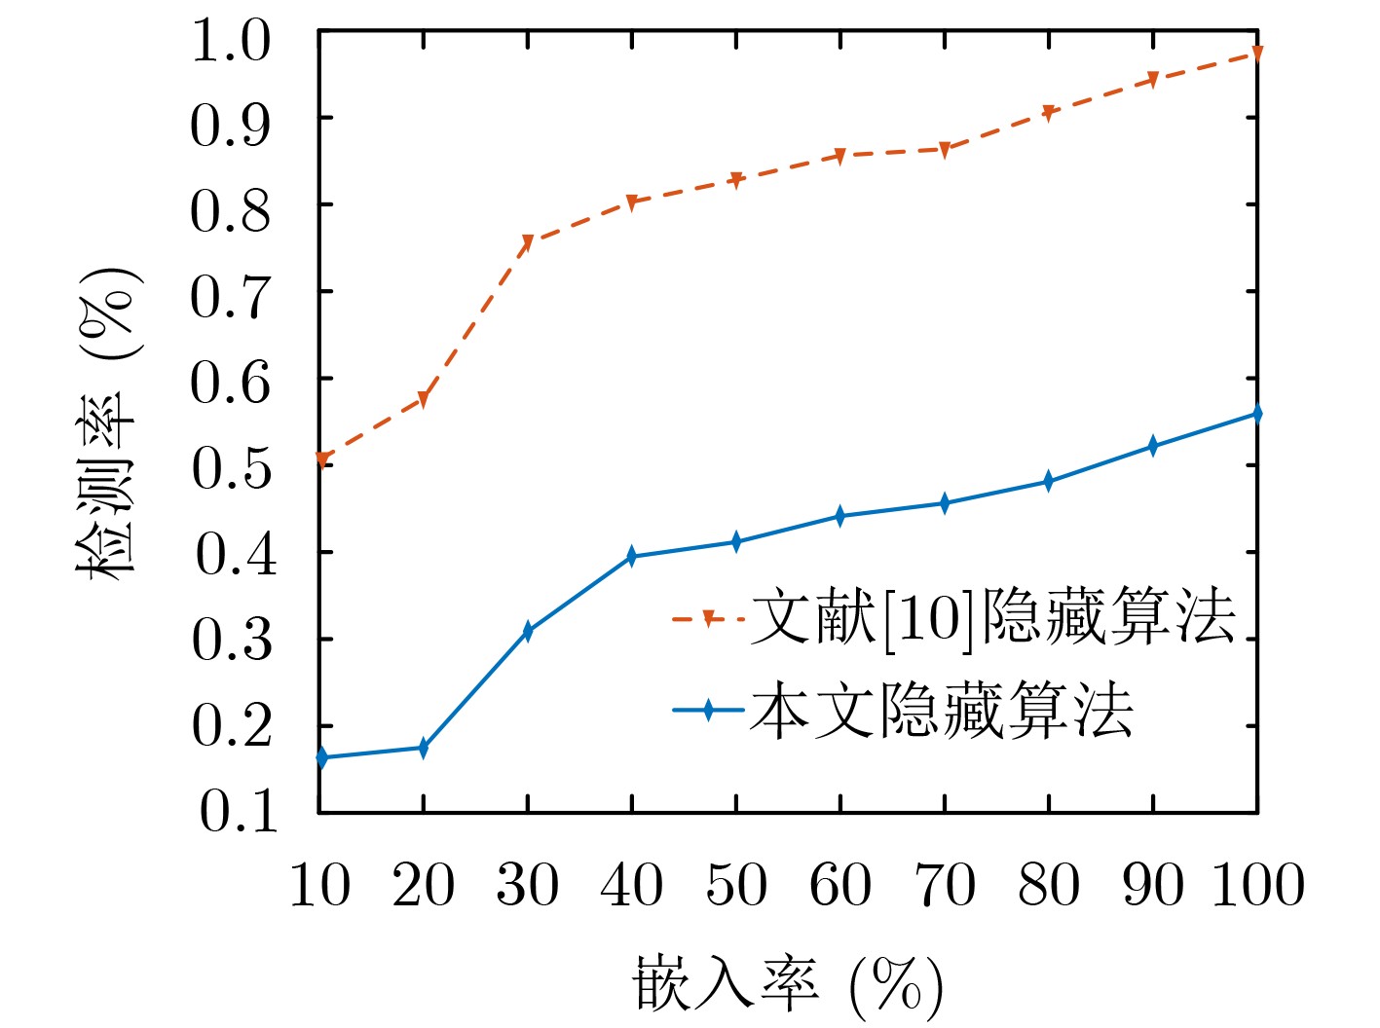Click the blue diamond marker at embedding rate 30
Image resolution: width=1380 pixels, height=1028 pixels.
528,632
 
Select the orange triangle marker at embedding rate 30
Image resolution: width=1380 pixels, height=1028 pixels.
528,241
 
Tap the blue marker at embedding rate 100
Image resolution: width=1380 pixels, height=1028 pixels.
1257,414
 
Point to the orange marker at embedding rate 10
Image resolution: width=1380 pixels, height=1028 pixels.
321,459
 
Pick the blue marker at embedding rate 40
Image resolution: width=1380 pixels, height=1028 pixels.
632,557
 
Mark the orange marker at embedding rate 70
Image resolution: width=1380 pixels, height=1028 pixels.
945,149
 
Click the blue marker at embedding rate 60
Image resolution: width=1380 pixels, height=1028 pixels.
840,516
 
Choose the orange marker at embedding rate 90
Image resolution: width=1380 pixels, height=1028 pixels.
1153,79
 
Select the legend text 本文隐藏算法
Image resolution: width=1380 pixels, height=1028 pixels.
941,710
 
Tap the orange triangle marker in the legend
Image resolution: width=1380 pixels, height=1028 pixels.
710,617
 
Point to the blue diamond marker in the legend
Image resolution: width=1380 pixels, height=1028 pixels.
710,710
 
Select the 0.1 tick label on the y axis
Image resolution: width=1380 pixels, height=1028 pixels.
237,811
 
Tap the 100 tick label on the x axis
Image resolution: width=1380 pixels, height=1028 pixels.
1257,885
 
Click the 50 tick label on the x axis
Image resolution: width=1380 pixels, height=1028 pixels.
736,885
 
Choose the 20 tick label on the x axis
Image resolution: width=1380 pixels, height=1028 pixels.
424,885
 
